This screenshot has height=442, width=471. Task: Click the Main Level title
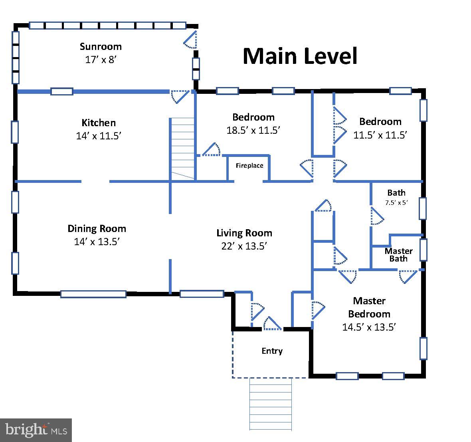(x=300, y=56)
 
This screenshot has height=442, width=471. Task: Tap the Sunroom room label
(x=101, y=46)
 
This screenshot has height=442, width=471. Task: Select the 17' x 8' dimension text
(x=101, y=59)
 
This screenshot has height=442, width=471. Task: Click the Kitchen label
(x=99, y=123)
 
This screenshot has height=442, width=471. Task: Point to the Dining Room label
(x=97, y=228)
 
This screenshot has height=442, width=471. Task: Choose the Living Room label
(x=244, y=233)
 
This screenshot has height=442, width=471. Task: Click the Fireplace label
(x=249, y=165)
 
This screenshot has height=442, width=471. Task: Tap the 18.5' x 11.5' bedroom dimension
(x=253, y=130)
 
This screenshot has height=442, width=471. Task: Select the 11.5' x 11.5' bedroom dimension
(x=380, y=135)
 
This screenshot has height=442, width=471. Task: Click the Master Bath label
(x=398, y=255)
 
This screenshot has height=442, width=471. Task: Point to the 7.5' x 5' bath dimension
(x=396, y=202)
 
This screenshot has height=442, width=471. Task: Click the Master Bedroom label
(x=369, y=307)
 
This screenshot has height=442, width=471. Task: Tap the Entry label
(x=272, y=351)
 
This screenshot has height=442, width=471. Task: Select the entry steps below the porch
(x=270, y=403)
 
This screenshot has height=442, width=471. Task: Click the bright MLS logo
(x=36, y=430)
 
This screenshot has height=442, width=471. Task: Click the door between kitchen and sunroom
(x=179, y=96)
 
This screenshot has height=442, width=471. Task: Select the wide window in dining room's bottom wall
(x=93, y=294)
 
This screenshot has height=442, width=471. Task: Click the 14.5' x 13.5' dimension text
(x=368, y=327)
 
